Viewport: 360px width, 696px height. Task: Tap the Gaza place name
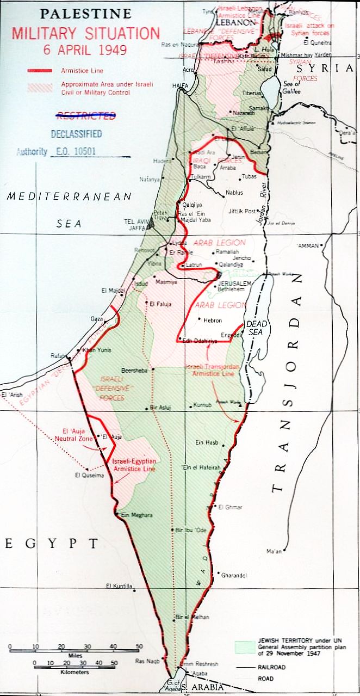pos(96,318)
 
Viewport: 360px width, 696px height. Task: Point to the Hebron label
pos(213,321)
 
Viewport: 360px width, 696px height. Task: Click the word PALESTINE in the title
pos(78,14)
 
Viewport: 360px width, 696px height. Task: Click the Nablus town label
pos(234,193)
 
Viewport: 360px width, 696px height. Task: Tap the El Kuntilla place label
pos(119,586)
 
